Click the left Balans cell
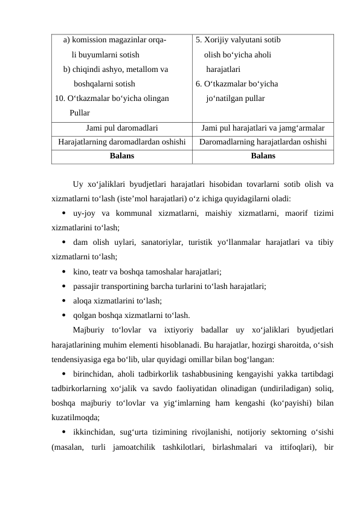coord(122,156)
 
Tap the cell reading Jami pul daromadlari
coord(122,128)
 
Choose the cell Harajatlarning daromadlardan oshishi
coord(122,142)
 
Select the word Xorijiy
coord(217,41)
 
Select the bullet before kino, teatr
coord(63,271)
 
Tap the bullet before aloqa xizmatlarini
coord(63,300)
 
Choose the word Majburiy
coord(89,329)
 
